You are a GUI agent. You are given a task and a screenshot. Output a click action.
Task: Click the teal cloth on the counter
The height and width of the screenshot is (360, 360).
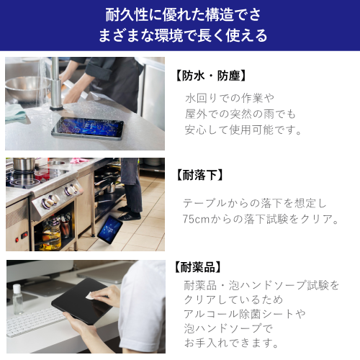click(x=16, y=112)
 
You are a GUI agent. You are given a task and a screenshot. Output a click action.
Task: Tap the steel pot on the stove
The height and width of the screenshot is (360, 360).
click(x=24, y=165)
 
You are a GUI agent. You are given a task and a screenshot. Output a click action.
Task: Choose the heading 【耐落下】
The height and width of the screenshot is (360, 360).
click(x=200, y=174)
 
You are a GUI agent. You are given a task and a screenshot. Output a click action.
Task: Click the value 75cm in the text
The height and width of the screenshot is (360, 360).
click(x=197, y=218)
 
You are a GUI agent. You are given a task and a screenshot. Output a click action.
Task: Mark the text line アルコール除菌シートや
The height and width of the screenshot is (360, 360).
click(x=245, y=313)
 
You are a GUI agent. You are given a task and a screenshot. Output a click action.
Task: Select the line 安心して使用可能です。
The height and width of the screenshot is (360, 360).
click(x=243, y=130)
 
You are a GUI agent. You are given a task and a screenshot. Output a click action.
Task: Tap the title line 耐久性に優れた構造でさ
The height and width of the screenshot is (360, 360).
click(x=180, y=14)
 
